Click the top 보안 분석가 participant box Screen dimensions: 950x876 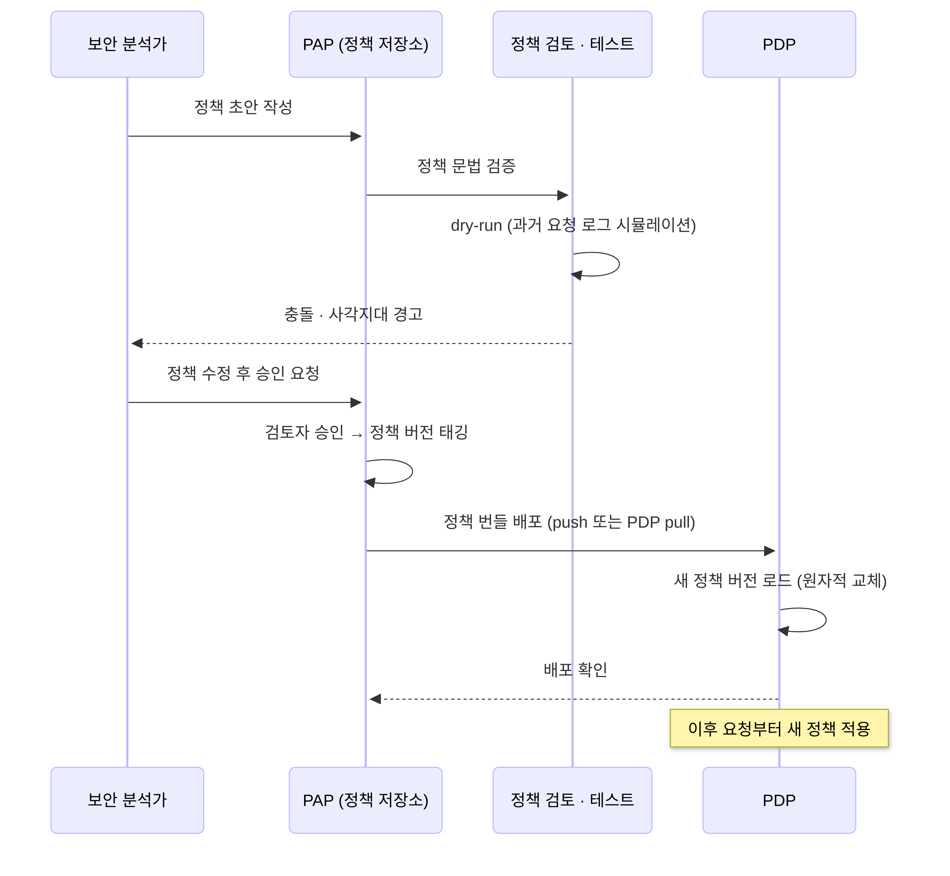tap(127, 44)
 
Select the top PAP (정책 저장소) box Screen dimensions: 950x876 tap(366, 44)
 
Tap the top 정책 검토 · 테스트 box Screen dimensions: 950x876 tap(572, 44)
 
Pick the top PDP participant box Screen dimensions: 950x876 tap(779, 44)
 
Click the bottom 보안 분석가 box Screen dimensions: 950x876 tap(127, 800)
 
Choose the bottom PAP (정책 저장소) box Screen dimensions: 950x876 tap(366, 800)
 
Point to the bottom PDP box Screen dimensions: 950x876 tap(779, 800)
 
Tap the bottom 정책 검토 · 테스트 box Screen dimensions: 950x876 tap(572, 800)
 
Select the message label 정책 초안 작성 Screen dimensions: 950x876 tap(243, 107)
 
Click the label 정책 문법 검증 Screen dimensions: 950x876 tap(466, 165)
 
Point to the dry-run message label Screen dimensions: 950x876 tap(573, 225)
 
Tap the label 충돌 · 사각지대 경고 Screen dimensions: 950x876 tap(353, 314)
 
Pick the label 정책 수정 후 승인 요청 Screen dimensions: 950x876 tap(243, 373)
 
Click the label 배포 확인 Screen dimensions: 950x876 tap(575, 669)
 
